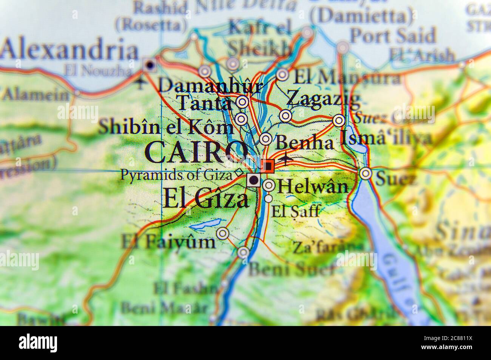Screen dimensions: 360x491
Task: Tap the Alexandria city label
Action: pyautogui.click(x=69, y=51)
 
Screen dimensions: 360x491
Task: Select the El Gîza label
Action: pyautogui.click(x=206, y=199)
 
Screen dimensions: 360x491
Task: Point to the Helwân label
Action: pyautogui.click(x=312, y=186)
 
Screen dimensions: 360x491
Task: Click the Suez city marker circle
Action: pyautogui.click(x=365, y=173)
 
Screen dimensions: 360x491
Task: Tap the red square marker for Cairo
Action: pyautogui.click(x=268, y=166)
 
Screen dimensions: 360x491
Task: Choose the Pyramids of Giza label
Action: pyautogui.click(x=176, y=175)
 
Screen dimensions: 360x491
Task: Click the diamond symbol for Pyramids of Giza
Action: pyautogui.click(x=239, y=173)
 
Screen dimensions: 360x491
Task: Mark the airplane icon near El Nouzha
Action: pyautogui.click(x=141, y=82)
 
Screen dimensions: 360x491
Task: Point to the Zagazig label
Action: pyautogui.click(x=323, y=100)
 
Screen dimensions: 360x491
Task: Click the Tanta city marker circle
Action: pyautogui.click(x=242, y=102)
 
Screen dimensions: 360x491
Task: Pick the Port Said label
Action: pyautogui.click(x=393, y=36)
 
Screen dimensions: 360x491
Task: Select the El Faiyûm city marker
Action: pyautogui.click(x=223, y=233)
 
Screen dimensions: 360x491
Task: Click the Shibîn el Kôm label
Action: pyautogui.click(x=166, y=128)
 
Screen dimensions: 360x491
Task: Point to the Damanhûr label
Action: pyautogui.click(x=211, y=86)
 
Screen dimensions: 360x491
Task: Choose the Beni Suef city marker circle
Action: pyautogui.click(x=244, y=252)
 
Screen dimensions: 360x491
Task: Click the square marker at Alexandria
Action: pyautogui.click(x=150, y=65)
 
